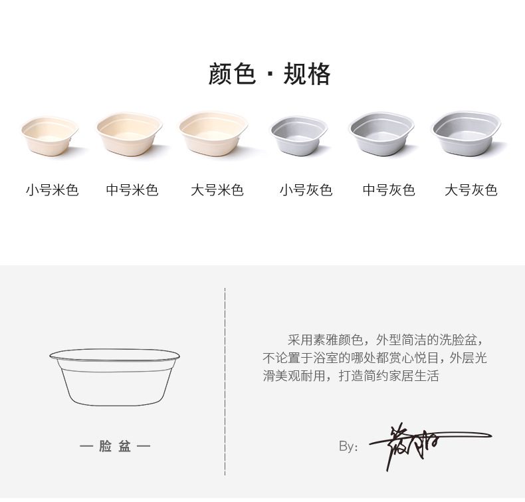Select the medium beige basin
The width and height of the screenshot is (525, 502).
(130, 135)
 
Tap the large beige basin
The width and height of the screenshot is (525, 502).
(213, 134)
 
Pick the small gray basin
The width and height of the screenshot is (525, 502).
(298, 136)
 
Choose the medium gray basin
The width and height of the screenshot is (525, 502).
(381, 135)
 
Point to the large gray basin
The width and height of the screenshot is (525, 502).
(465, 134)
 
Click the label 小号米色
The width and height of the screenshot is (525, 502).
(52, 190)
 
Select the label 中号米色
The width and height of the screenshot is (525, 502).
(132, 190)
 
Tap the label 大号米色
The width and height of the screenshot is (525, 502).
(217, 190)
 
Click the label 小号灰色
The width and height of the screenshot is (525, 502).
(306, 190)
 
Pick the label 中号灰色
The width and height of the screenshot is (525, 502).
(389, 190)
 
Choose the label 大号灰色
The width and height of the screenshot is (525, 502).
(471, 190)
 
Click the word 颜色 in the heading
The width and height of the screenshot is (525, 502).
(232, 74)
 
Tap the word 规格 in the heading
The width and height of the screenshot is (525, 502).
(307, 74)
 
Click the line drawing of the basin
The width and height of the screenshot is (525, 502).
(116, 376)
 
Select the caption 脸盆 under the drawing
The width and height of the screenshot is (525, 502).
(116, 446)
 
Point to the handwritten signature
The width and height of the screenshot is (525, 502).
(419, 443)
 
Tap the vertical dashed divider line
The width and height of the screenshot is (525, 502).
(225, 382)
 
